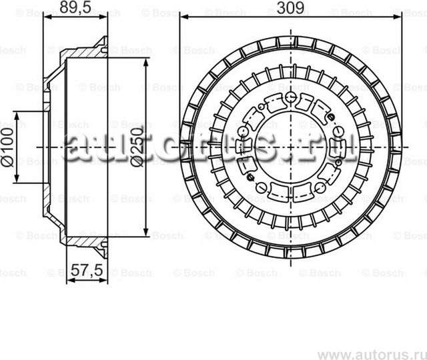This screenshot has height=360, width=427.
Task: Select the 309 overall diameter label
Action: (x=291, y=8)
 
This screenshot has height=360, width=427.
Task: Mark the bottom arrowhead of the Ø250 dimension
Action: (x=145, y=233)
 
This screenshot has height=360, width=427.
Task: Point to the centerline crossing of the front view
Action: (x=292, y=147)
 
